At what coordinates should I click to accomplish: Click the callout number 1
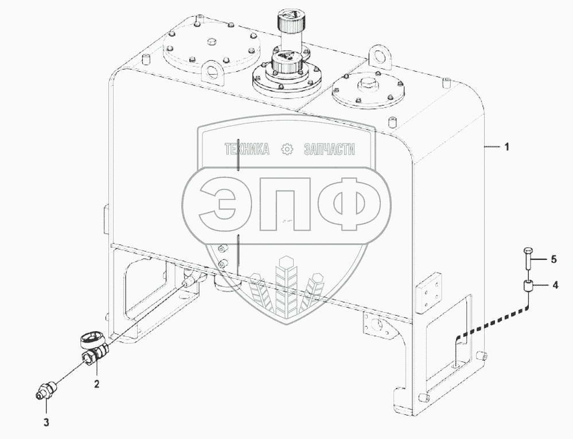[x=506, y=147]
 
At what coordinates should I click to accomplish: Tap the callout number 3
[x=46, y=422]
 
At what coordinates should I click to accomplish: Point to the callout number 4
[x=555, y=285]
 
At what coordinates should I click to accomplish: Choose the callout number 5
[x=553, y=259]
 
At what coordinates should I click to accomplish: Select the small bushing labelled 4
[x=527, y=285]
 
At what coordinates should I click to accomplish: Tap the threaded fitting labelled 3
[x=47, y=389]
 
